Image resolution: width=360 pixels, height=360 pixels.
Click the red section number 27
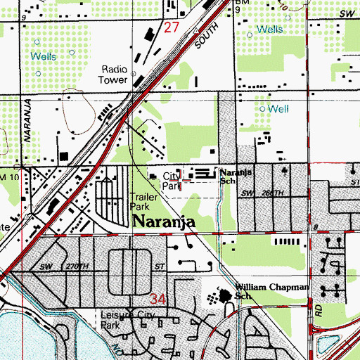coord(172,27)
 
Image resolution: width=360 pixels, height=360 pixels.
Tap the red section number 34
coord(157,300)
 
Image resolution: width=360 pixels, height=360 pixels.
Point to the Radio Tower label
coord(114,74)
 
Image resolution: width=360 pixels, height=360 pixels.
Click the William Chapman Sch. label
coord(271,292)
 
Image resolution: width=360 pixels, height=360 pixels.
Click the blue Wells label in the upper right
coord(270,30)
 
